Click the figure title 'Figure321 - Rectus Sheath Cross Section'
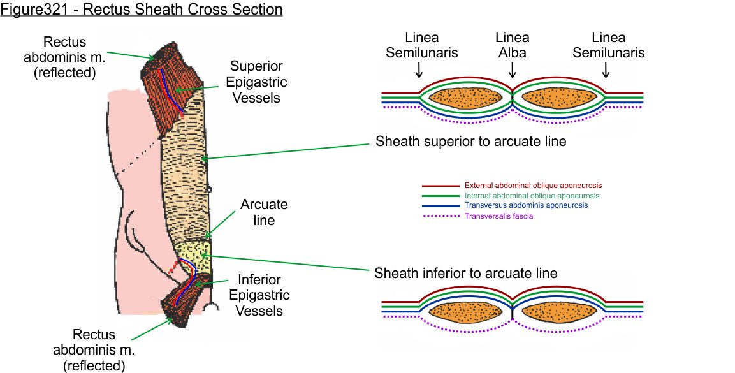pyautogui.click(x=142, y=10)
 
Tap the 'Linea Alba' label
pyautogui.click(x=513, y=45)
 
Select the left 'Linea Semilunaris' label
pyautogui.click(x=421, y=45)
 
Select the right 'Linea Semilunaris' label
pyautogui.click(x=608, y=45)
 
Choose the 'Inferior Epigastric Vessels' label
pyautogui.click(x=259, y=295)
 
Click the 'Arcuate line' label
pyautogui.click(x=264, y=212)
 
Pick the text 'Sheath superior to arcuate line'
pyautogui.click(x=470, y=142)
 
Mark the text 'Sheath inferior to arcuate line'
pyautogui.click(x=466, y=274)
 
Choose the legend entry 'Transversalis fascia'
pyautogui.click(x=499, y=216)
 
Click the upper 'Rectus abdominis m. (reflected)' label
pyautogui.click(x=70, y=57)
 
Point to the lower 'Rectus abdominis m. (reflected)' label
pyautogui.click(x=94, y=349)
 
